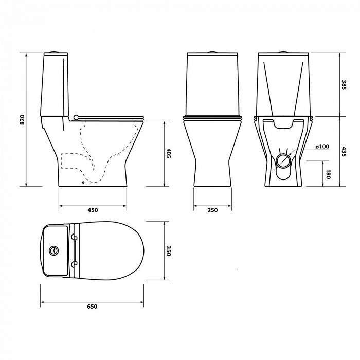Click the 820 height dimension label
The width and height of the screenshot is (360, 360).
(x=22, y=120)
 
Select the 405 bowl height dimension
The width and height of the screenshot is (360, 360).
(x=169, y=153)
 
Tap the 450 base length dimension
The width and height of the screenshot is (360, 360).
(x=93, y=210)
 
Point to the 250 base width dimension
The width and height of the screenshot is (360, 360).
(x=212, y=210)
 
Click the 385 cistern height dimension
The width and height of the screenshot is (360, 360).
(x=344, y=85)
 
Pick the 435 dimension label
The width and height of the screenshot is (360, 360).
(x=344, y=152)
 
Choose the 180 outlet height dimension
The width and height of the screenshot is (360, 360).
(x=328, y=174)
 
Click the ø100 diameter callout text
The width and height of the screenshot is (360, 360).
(x=322, y=146)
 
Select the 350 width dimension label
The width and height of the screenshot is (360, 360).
(x=169, y=251)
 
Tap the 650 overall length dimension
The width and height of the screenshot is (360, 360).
(x=92, y=307)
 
